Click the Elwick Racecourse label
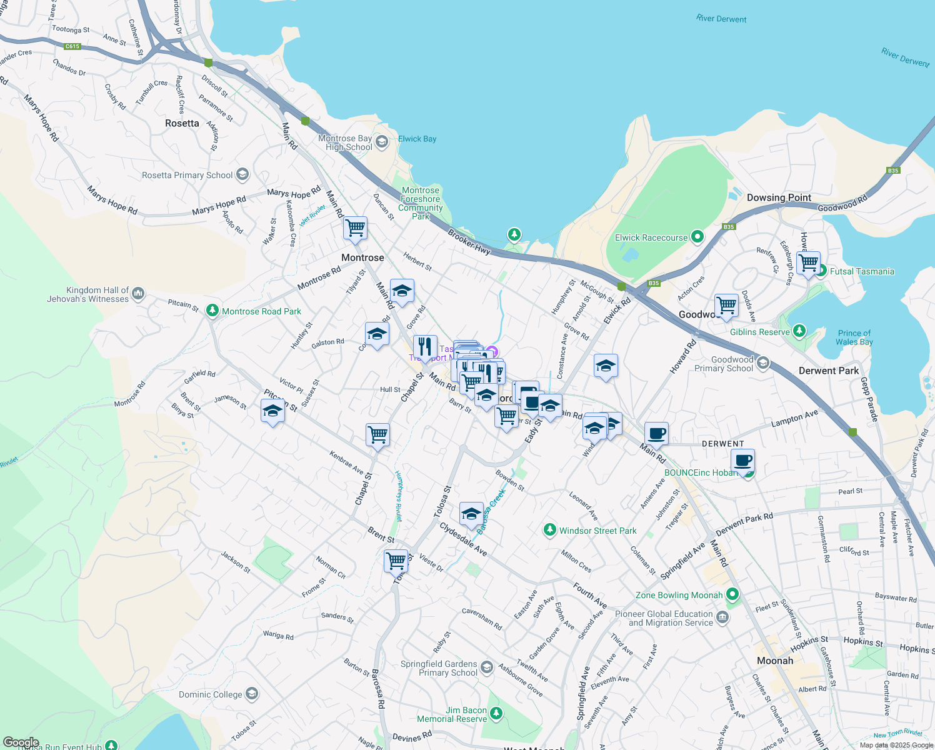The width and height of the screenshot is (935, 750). point(651,237)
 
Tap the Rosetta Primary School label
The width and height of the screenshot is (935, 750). point(187,175)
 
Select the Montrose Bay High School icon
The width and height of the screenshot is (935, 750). point(382,142)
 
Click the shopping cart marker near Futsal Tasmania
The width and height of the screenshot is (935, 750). point(808,262)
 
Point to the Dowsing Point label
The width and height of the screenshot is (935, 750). point(779,197)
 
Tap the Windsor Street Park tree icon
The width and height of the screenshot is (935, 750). point(549,531)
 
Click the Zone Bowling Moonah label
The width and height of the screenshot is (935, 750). point(679,595)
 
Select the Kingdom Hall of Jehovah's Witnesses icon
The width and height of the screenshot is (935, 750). point(138,293)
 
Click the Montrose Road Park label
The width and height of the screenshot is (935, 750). point(261,311)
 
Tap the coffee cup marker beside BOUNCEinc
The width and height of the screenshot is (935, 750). point(742,461)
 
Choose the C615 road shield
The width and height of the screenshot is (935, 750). point(72,46)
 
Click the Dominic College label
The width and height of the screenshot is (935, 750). point(210,694)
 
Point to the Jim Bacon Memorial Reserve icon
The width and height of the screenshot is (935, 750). point(496,713)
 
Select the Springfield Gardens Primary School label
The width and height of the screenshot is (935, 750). point(439,668)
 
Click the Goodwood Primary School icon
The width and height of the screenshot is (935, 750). point(762,364)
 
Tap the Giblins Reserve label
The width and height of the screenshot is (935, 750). point(759,332)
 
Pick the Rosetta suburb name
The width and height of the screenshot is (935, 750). point(182,123)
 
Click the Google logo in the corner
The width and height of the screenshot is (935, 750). point(21,742)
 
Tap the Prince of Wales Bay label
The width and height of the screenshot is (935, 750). point(854,337)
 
